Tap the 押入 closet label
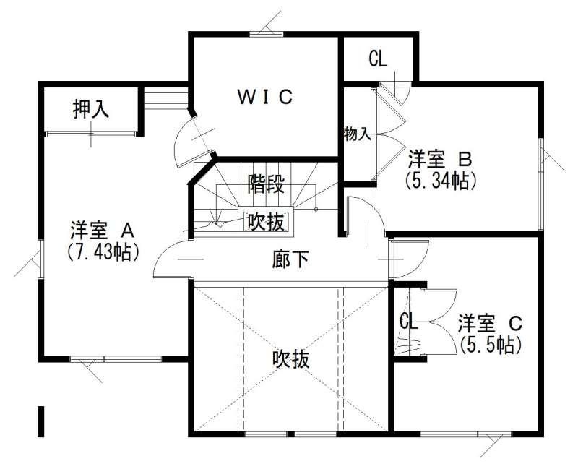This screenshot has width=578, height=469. pyautogui.click(x=91, y=110)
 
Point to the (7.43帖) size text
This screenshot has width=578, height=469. pyautogui.click(x=102, y=251)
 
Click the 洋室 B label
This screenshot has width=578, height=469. pyautogui.click(x=440, y=158)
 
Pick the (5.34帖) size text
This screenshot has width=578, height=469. pyautogui.click(x=441, y=180)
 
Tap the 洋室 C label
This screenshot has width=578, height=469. pyautogui.click(x=489, y=321)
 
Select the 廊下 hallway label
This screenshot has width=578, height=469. pyautogui.click(x=290, y=259)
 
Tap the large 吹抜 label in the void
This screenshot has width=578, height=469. pyautogui.click(x=290, y=359)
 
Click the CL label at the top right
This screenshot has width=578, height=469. pyautogui.click(x=377, y=59)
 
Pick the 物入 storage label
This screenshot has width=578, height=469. pyautogui.click(x=358, y=134)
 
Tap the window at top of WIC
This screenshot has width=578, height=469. pyautogui.click(x=266, y=33)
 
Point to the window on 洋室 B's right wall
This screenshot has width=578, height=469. pyautogui.click(x=541, y=155)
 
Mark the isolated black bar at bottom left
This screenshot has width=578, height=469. pyautogui.click(x=42, y=421)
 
